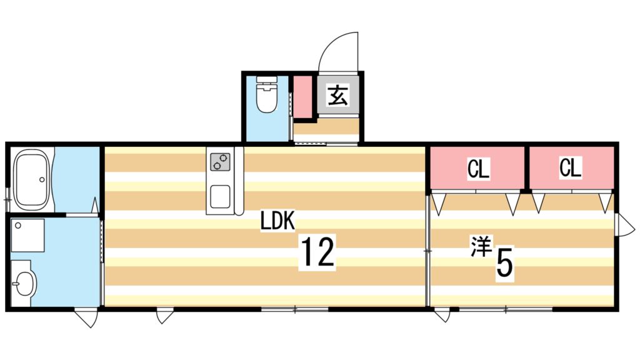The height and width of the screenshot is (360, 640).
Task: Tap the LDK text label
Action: click(277, 221)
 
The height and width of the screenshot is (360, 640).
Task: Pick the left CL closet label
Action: click(478, 169)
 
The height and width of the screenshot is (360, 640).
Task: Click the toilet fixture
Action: click(267, 94)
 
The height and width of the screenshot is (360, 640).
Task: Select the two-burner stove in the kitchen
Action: click(220, 161)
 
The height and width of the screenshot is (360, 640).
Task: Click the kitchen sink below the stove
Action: click(220, 197)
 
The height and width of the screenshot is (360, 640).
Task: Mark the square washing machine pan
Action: click(27, 235)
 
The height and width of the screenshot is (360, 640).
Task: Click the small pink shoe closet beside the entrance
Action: click(304, 97)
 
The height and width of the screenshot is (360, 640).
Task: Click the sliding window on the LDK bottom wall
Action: click(294, 309)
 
